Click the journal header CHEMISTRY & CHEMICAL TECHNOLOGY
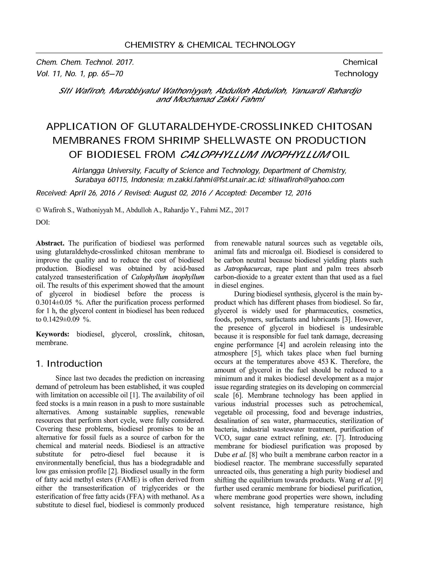[210, 45]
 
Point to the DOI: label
[43, 222]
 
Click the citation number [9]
[378, 480]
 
